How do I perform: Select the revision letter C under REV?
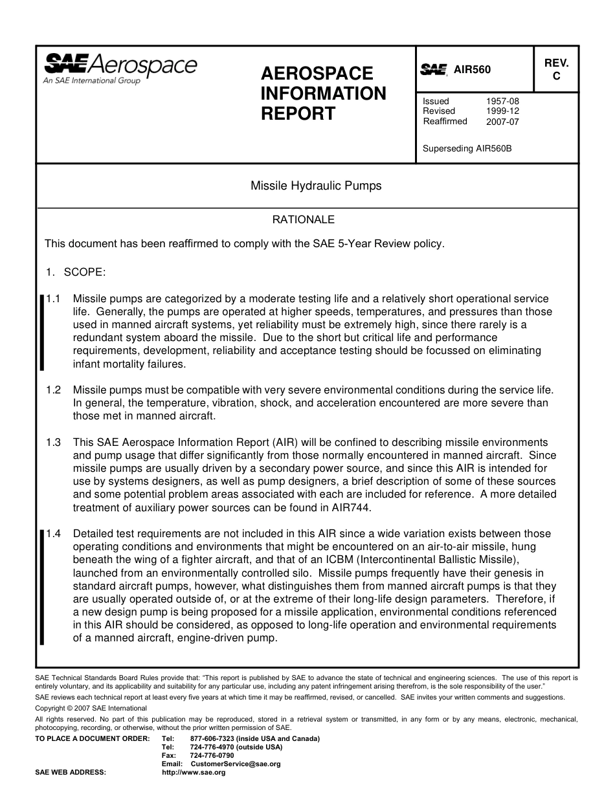point(555,76)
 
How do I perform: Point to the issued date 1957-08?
point(502,101)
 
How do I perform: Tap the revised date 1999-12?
point(502,111)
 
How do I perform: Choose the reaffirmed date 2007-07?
point(502,121)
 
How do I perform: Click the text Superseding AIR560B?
point(467,148)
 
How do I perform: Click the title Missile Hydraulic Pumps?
point(316,186)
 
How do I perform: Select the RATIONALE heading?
point(303,219)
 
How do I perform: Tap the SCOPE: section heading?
point(84,272)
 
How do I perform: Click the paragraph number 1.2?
point(54,390)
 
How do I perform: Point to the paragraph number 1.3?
point(54,442)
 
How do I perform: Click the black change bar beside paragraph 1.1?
point(42,332)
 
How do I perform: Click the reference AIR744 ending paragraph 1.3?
point(349,507)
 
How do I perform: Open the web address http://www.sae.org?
point(193,772)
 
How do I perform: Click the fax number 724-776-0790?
point(212,755)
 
